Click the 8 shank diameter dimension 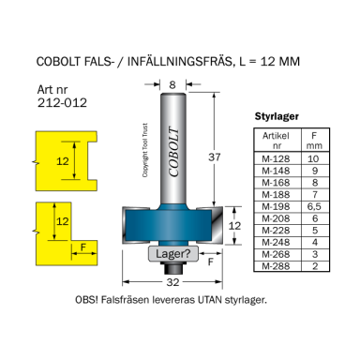[172, 85]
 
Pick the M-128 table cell [271, 160]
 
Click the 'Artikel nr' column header [271, 141]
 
